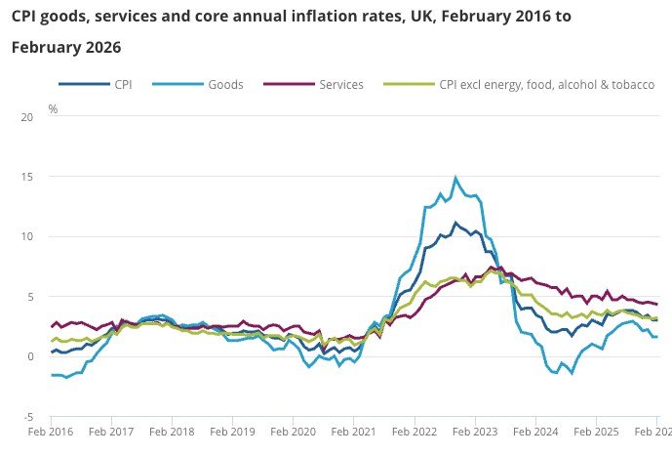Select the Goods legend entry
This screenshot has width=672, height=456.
pos(225,85)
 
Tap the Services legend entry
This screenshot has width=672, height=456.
pos(340,85)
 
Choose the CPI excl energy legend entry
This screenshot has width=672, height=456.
pos(546,85)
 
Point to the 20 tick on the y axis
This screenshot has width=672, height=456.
pos(26,117)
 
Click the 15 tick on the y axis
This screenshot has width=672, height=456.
pos(26,177)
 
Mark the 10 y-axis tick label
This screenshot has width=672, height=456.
pos(26,236)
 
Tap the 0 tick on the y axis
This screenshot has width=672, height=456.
pos(29,356)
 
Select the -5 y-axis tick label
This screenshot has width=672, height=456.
pos(27,416)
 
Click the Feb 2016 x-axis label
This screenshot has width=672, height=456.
pos(51,431)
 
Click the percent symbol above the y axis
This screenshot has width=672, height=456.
pos(53,108)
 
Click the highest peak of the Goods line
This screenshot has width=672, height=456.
pos(455,178)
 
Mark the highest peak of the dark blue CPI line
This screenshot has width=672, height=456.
pos(455,223)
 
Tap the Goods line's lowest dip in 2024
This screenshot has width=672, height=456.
pos(572,373)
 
